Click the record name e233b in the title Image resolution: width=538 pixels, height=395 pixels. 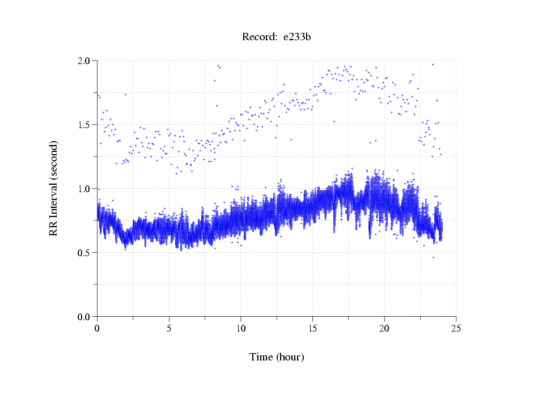coord(297,37)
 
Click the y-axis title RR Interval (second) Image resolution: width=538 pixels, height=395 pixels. coord(54,188)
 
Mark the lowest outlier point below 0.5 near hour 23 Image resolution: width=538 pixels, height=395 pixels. coord(433,257)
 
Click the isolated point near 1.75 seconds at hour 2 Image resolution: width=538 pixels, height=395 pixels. coord(125,94)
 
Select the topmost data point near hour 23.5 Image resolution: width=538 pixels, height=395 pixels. coord(433,64)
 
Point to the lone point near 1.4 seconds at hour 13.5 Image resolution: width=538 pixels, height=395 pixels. coord(291,139)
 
